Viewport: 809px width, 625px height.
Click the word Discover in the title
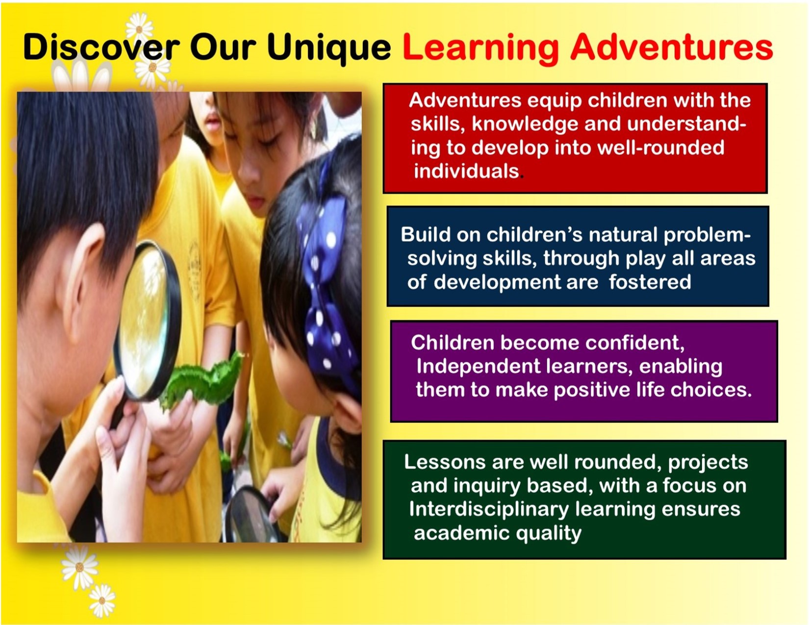point(101,47)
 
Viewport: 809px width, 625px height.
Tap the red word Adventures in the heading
point(672,47)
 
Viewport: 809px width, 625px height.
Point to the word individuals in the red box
point(466,171)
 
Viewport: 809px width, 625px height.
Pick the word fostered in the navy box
point(650,282)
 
